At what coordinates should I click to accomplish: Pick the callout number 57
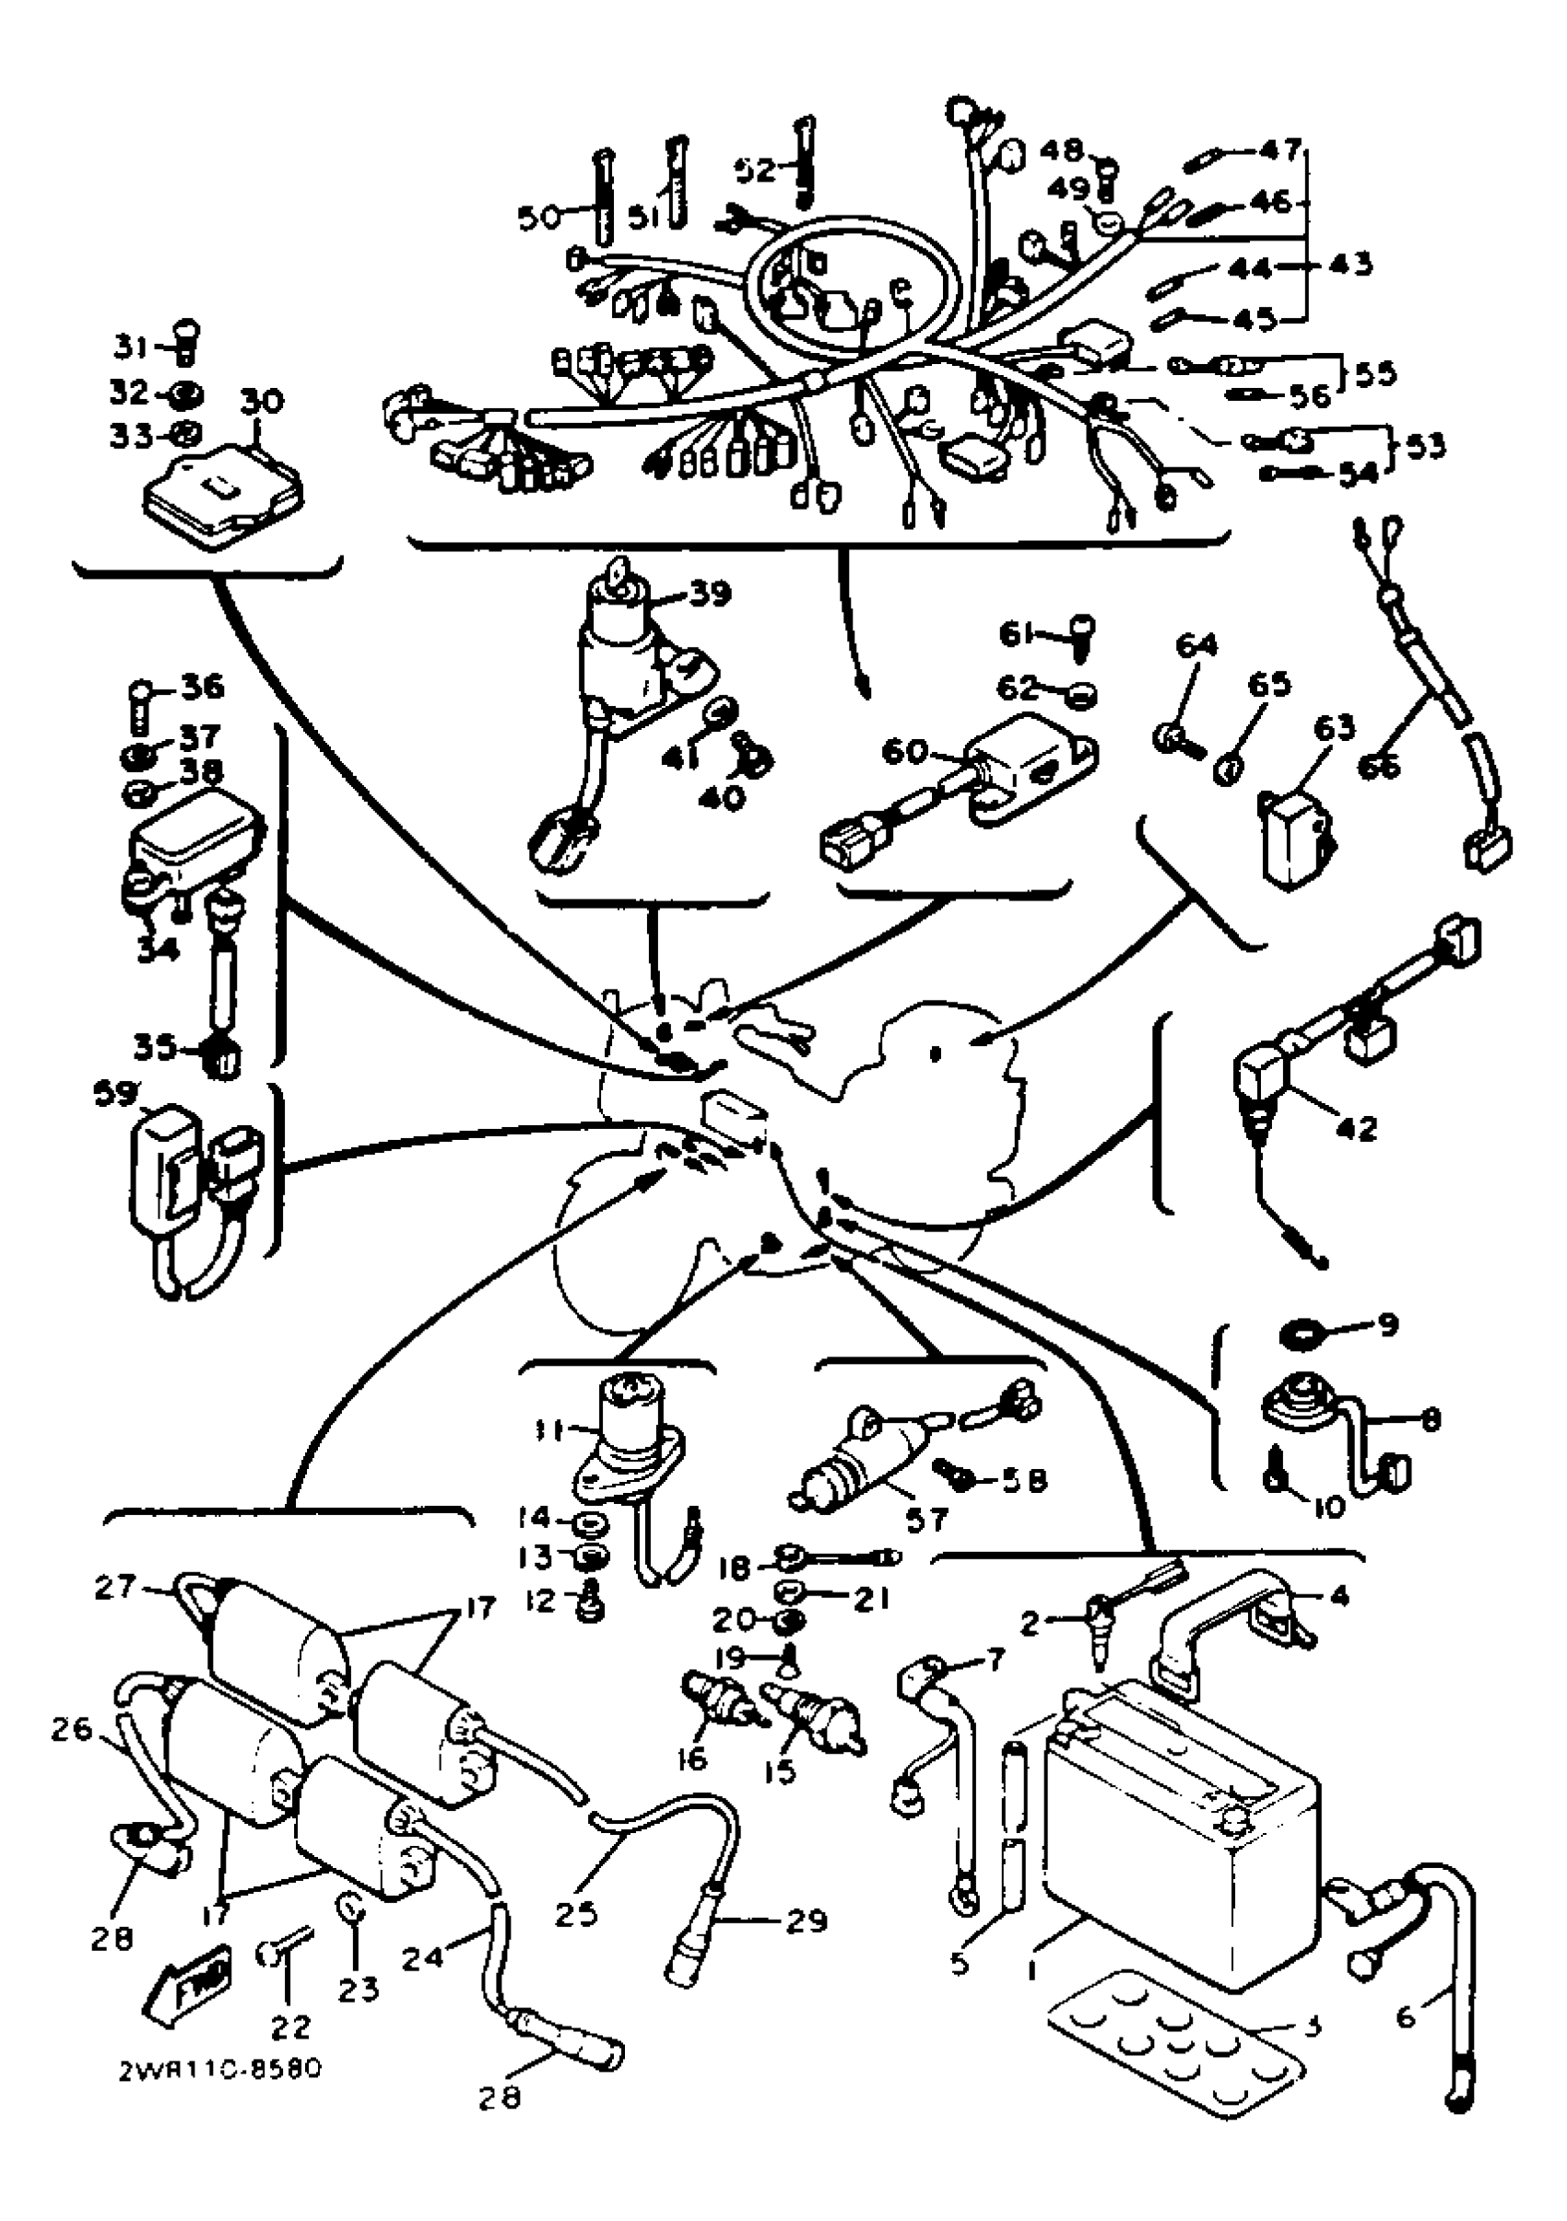pos(926,1520)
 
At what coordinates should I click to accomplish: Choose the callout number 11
pos(550,1426)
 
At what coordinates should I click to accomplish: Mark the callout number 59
pos(114,1092)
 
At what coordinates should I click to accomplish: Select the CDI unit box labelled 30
pos(222,493)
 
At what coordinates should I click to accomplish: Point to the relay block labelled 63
pos(1291,837)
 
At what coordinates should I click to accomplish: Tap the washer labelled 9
pos(1298,1336)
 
